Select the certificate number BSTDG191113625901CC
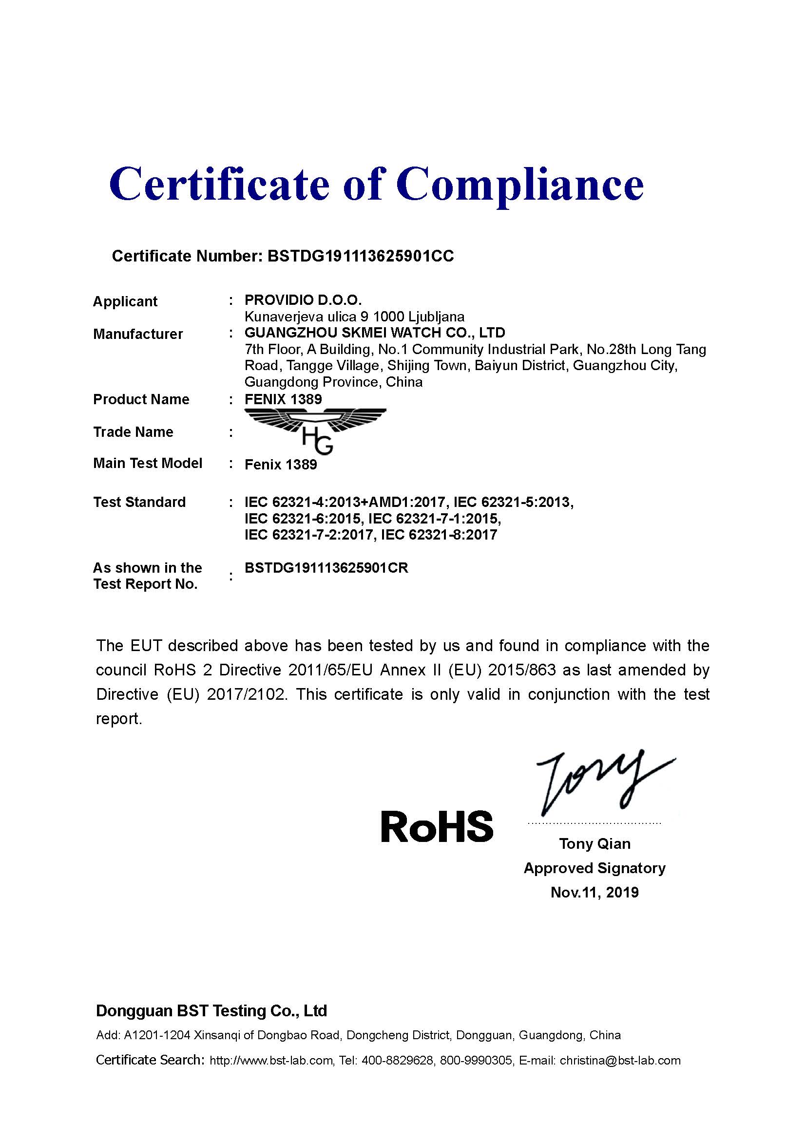tap(360, 256)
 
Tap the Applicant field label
tap(125, 301)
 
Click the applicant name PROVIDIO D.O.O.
tap(303, 300)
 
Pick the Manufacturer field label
tap(138, 334)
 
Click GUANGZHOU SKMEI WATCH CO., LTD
tap(375, 333)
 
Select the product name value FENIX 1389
tap(284, 399)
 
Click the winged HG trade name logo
tap(316, 429)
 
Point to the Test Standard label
tap(139, 502)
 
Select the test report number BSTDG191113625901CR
tap(326, 568)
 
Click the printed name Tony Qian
tap(595, 844)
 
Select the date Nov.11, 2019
tap(595, 893)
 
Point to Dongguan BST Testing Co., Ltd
tap(211, 1011)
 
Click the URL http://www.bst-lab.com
tap(271, 1061)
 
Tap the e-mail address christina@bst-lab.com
tap(620, 1061)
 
